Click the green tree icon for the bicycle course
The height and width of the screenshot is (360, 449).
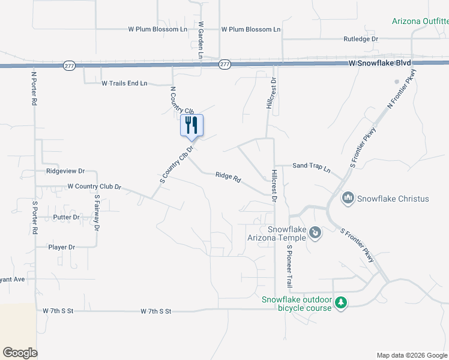click(x=341, y=302)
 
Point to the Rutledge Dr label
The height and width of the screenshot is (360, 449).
click(x=361, y=39)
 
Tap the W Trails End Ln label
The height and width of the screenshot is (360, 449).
click(x=124, y=83)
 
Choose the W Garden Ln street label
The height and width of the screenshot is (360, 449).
click(x=201, y=41)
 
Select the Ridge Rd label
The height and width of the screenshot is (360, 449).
click(x=228, y=177)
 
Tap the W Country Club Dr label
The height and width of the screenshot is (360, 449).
click(x=94, y=187)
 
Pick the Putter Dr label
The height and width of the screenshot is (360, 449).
click(x=67, y=217)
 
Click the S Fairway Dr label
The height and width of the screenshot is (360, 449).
click(x=97, y=212)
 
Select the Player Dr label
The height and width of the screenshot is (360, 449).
click(x=63, y=247)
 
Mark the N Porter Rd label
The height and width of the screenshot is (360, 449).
click(x=34, y=90)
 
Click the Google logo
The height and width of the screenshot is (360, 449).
click(x=20, y=353)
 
